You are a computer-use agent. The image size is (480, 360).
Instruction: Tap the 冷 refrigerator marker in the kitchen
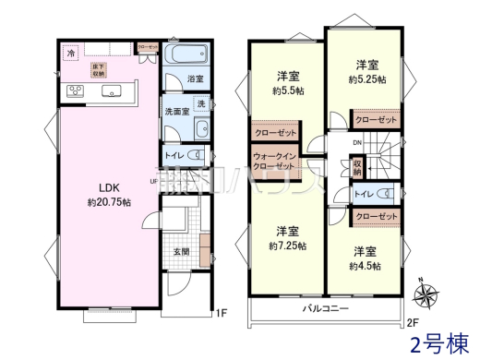click(x=70, y=54)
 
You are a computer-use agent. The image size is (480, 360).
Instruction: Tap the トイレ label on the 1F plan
click(x=175, y=155)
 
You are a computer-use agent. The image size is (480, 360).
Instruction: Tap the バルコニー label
click(x=324, y=307)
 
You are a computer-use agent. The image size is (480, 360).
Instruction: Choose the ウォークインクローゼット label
click(x=274, y=162)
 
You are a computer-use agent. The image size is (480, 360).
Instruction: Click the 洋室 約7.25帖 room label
click(x=286, y=238)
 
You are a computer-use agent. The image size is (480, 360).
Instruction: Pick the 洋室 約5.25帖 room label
click(x=366, y=72)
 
